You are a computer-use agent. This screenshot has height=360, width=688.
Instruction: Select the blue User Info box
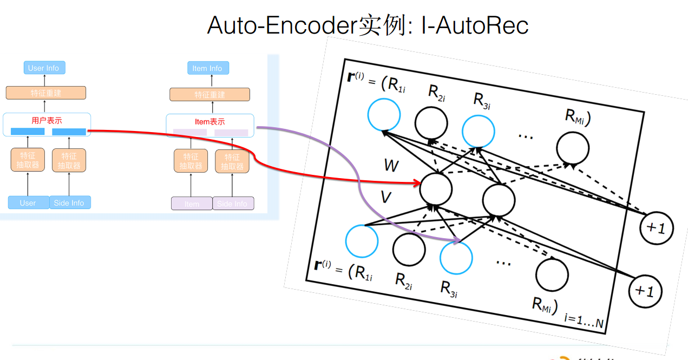(x=44, y=68)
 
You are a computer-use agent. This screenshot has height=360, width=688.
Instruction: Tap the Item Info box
(x=207, y=68)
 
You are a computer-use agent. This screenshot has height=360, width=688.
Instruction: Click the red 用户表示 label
(x=47, y=121)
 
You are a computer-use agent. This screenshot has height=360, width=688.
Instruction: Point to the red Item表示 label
(x=209, y=122)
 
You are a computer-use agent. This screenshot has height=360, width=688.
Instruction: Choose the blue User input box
(x=28, y=203)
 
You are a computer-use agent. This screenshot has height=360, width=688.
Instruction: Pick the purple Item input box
(x=192, y=204)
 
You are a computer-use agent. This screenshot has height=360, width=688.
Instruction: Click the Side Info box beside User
(x=69, y=202)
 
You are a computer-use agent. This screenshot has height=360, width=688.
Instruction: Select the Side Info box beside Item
(x=233, y=204)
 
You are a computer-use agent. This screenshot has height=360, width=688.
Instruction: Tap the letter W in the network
(x=391, y=166)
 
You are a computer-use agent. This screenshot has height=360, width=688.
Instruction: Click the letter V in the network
(x=385, y=198)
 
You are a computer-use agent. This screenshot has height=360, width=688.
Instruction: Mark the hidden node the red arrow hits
(x=436, y=187)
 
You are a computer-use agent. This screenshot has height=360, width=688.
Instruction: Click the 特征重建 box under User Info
(x=46, y=93)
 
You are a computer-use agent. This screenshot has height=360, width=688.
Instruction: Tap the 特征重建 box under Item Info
(x=209, y=95)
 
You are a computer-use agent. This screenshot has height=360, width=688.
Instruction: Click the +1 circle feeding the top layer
(x=656, y=228)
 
